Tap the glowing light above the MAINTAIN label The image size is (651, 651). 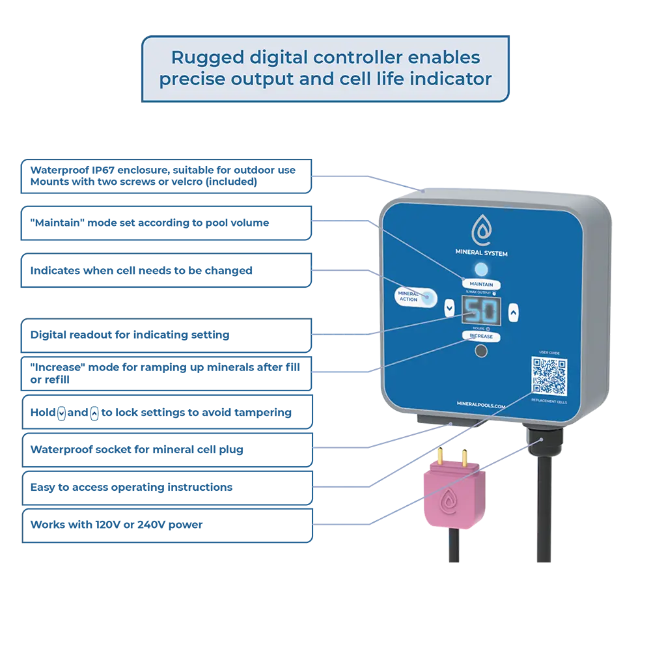coord(481,269)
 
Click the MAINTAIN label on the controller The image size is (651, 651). coord(481,284)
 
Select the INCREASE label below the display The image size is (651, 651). coord(482,337)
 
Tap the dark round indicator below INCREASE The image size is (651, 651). coord(481,352)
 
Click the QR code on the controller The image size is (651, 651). coord(549,376)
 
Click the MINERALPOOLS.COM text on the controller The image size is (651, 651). coord(482,405)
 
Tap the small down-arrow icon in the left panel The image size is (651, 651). coord(61,413)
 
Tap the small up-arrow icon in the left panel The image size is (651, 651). coord(94,413)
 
